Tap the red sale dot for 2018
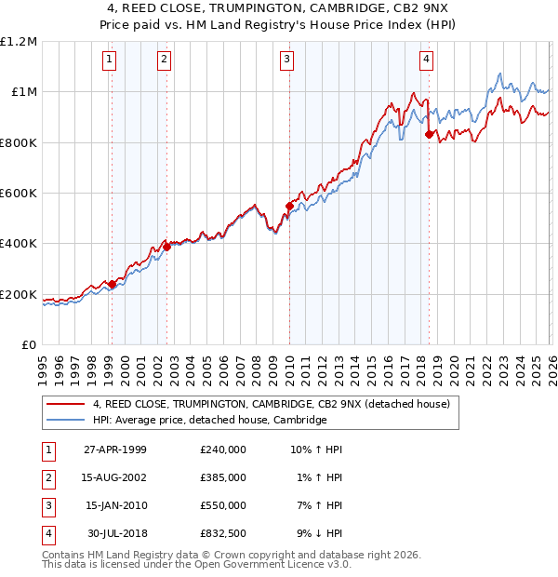point(429,134)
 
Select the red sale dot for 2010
point(289,206)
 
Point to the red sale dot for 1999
point(112,284)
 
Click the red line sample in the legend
point(65,404)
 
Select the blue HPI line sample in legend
point(65,420)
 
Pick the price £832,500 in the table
point(222,534)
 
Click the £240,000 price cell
point(222,450)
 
